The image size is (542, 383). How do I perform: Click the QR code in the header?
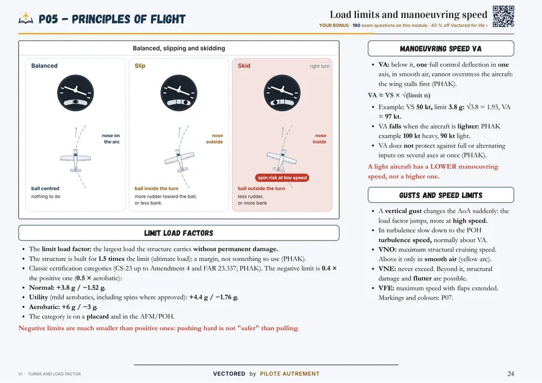tap(503, 17)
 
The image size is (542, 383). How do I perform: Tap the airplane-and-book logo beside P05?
tap(26, 18)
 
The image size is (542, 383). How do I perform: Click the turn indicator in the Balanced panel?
tap(75, 93)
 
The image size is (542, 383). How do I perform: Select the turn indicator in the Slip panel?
tap(179, 93)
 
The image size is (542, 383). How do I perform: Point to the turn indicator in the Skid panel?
tap(282, 93)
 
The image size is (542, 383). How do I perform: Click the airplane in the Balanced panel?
tap(75, 160)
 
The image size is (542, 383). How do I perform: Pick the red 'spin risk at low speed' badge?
tap(282, 178)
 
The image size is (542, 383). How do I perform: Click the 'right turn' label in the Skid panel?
tap(320, 66)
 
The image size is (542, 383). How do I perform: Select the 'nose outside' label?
tap(214, 139)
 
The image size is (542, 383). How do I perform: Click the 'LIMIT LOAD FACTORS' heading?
tap(179, 233)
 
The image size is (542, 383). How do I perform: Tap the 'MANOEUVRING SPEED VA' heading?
tap(441, 49)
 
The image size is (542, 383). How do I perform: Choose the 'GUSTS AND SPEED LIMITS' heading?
tap(441, 195)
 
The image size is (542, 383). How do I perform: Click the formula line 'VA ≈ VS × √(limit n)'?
tap(399, 95)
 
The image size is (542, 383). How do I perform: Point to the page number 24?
tap(511, 374)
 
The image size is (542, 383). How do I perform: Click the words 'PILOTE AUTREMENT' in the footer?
tap(290, 374)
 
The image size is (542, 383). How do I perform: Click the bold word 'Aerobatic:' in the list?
tap(44, 307)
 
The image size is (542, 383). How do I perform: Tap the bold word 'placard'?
tap(98, 316)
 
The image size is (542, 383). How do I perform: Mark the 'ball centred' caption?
tap(45, 188)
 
